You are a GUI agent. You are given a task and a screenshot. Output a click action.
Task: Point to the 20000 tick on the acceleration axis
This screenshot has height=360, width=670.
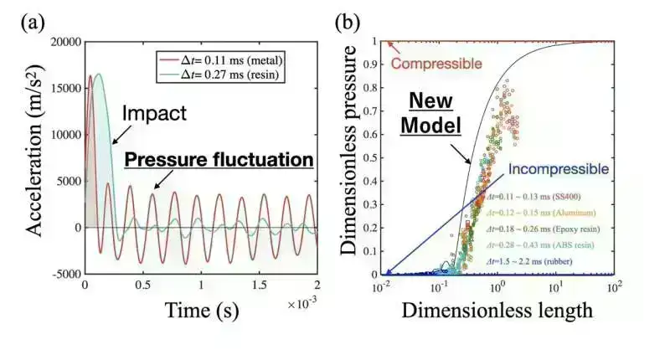point(64,43)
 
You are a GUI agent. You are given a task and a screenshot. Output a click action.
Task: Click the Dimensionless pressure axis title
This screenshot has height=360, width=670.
point(358,158)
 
